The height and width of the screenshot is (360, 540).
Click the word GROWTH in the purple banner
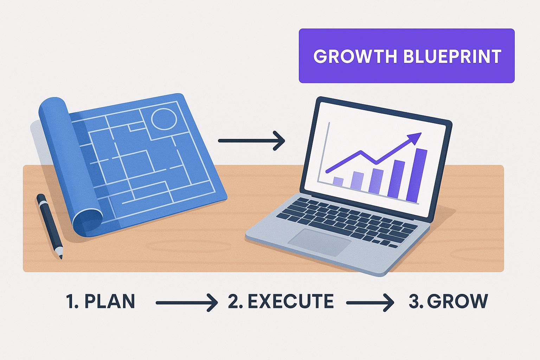pos(355,56)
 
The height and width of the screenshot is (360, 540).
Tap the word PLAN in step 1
pos(110,301)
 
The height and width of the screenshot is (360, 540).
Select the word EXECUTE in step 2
pos(290,301)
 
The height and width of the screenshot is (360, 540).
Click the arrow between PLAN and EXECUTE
pos(187,303)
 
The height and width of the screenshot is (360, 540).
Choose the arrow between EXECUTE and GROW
pos(370,303)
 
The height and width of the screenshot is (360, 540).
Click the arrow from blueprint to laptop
pos(251,141)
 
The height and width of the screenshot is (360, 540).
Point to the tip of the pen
pos(61,258)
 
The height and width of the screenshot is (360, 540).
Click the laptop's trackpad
pos(320,242)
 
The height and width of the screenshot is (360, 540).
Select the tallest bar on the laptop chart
pos(417,175)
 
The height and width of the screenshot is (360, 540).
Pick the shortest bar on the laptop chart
pos(338,182)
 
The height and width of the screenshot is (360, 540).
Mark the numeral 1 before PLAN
pos(70,301)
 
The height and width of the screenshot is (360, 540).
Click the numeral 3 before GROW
pos(414,301)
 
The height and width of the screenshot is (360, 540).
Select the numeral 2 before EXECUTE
pos(233,301)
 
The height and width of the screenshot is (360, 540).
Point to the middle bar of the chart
pos(376,181)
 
